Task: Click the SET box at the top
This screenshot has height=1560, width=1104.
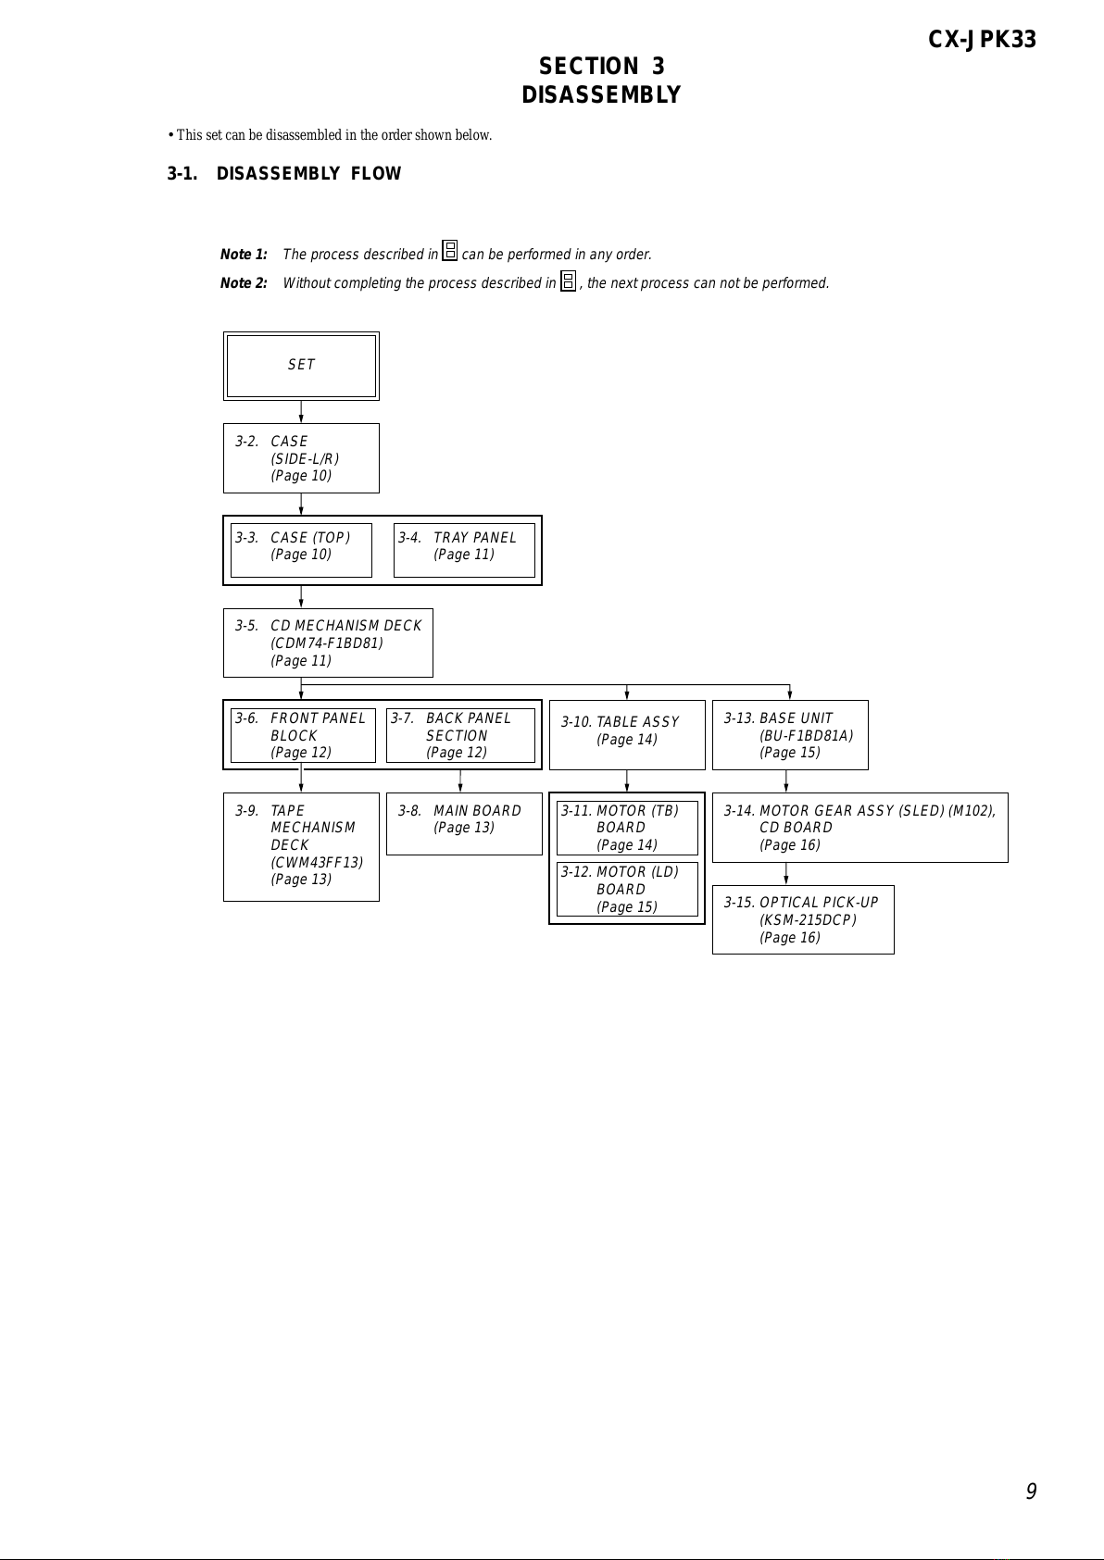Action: click(301, 367)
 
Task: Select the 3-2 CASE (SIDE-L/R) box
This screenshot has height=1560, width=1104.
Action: click(301, 458)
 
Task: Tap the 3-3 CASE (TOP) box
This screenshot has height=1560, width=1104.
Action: click(301, 550)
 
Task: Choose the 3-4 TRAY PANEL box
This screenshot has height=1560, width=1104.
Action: click(464, 550)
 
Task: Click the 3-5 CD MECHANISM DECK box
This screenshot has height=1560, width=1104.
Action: click(328, 643)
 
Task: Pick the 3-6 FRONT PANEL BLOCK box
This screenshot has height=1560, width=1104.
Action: click(303, 735)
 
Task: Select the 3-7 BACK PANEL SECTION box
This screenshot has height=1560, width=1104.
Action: click(460, 735)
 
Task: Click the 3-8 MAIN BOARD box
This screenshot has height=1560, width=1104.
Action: click(464, 824)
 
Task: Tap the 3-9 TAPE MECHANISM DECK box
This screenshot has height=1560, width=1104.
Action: click(301, 847)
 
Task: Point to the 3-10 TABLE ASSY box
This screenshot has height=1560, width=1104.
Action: click(627, 735)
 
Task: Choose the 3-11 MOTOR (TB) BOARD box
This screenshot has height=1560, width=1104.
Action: click(627, 828)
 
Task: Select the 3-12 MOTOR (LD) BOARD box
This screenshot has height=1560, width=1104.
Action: click(627, 890)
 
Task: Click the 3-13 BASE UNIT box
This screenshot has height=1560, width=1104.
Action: click(790, 735)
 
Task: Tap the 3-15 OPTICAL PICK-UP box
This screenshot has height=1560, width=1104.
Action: click(803, 919)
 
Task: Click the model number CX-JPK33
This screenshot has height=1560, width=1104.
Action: click(982, 40)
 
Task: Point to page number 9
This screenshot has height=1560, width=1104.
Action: click(1032, 1491)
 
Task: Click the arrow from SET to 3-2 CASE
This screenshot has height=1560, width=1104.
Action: click(301, 412)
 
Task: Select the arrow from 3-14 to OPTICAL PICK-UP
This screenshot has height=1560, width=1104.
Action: click(786, 874)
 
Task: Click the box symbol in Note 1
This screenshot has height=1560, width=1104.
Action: click(450, 251)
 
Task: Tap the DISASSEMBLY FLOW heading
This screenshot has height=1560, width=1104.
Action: click(308, 173)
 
